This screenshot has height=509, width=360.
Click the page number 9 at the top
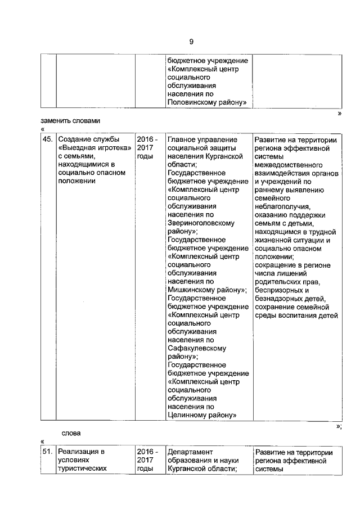191,42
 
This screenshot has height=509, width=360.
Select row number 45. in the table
48,139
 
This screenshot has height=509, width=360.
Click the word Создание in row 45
75,139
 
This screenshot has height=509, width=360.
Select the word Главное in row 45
182,139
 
